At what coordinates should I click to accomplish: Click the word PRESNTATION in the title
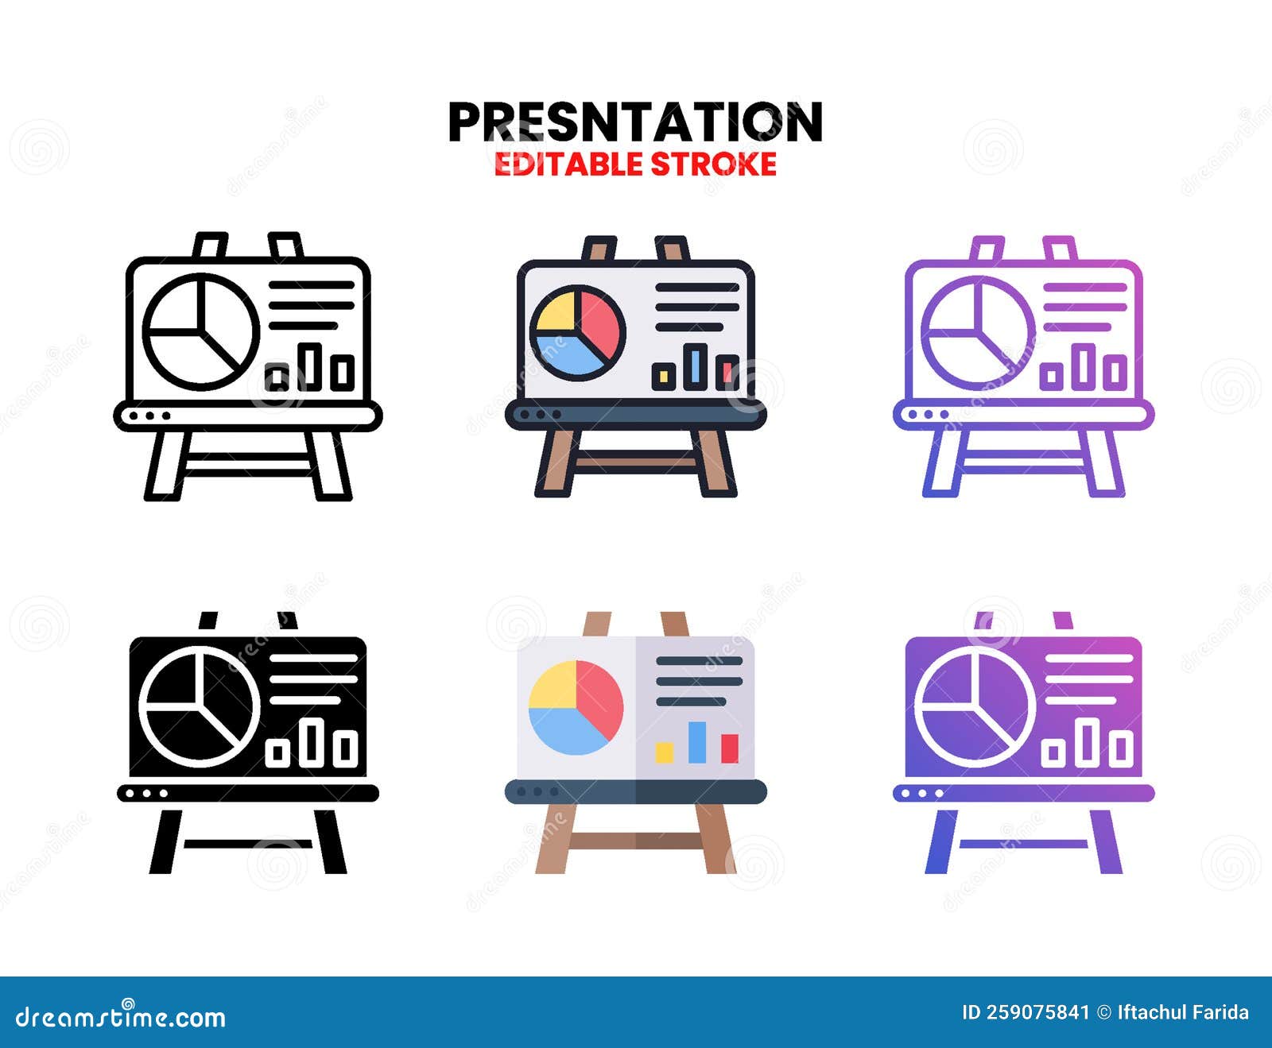[635, 122]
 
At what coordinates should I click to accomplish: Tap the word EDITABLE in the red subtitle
[568, 164]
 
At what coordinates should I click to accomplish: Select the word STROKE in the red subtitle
[713, 164]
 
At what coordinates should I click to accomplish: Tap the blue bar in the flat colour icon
[697, 742]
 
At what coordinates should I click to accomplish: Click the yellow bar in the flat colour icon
[665, 752]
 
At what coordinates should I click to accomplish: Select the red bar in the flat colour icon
[730, 748]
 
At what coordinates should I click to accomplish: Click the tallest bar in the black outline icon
[309, 367]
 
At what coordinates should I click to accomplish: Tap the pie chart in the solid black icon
[200, 706]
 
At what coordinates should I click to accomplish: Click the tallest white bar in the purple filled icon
[1087, 742]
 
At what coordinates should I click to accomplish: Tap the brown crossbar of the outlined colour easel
[635, 460]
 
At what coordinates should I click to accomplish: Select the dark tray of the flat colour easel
[635, 791]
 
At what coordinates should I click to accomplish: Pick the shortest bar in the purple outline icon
[1052, 376]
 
